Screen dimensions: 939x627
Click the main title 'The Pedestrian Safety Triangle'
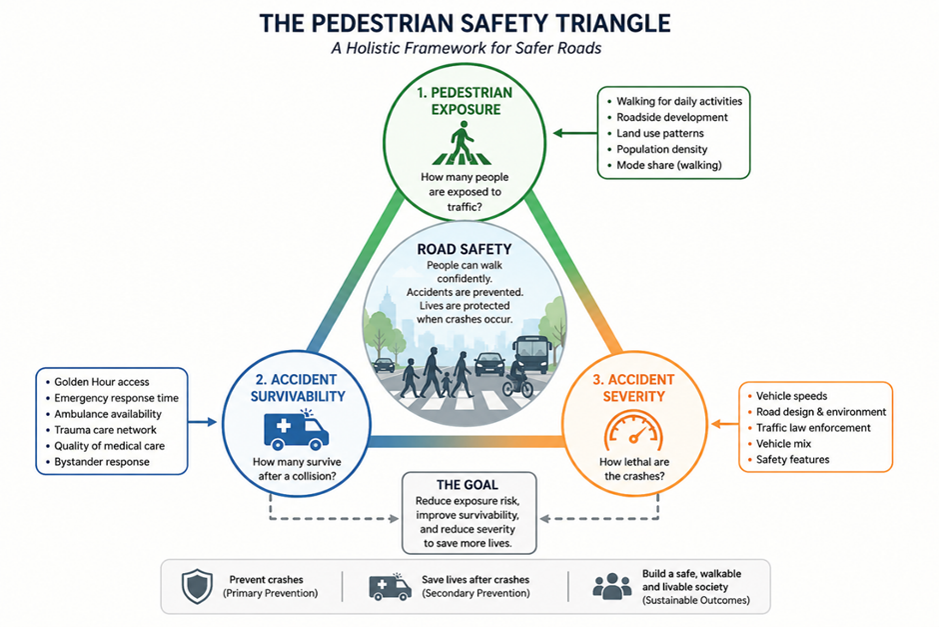click(465, 23)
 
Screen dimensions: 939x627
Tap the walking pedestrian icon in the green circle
click(462, 143)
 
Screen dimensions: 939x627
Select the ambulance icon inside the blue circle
click(296, 429)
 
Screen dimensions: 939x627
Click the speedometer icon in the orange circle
click(633, 430)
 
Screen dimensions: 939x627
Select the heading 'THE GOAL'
click(468, 485)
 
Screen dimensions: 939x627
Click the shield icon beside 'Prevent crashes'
click(197, 586)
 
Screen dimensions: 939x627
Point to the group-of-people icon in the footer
click(611, 586)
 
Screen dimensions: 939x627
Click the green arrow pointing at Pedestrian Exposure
click(575, 133)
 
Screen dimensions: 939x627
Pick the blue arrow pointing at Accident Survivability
click(203, 422)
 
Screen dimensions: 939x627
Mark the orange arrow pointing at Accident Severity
click(724, 424)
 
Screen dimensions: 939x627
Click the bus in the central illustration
click(532, 355)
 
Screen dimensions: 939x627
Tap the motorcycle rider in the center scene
click(517, 376)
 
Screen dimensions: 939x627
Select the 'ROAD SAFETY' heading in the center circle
click(465, 249)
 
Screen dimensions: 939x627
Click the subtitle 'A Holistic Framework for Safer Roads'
click(467, 48)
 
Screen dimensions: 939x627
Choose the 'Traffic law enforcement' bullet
click(813, 427)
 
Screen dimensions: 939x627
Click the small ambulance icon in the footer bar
click(390, 586)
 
